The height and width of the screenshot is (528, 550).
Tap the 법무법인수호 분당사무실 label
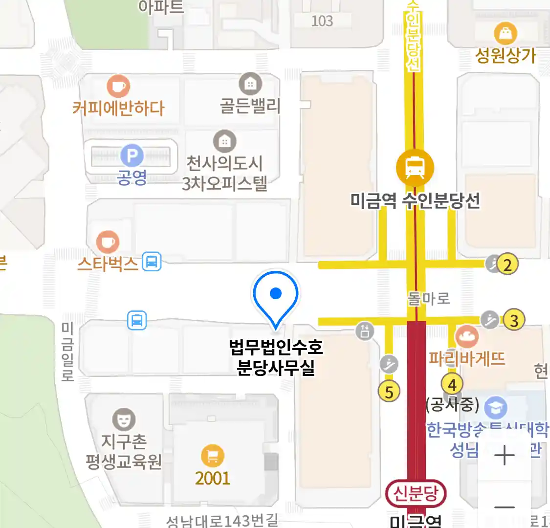point(276,357)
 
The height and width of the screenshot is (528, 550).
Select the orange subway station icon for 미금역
point(415,167)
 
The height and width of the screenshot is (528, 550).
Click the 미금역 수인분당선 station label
point(415,200)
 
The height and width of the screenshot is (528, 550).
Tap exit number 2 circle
point(508,264)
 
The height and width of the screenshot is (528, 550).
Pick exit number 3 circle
point(514,321)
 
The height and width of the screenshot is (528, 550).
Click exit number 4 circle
point(452,384)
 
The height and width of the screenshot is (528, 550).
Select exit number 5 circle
point(389,392)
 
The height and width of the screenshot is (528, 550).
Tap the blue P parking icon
point(132,156)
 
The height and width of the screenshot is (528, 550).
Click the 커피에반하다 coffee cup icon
point(118,87)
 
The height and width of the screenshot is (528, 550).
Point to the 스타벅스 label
point(108,264)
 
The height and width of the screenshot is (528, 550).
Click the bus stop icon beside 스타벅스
point(152,262)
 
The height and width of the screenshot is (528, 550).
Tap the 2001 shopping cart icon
point(213,456)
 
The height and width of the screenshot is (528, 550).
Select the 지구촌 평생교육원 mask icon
point(124,419)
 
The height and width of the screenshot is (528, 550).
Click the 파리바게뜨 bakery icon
point(466,336)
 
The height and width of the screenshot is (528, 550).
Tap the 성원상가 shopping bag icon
point(506,34)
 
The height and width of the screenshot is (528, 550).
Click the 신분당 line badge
point(416,493)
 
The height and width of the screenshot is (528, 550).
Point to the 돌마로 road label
point(429,298)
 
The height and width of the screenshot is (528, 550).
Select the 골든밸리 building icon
point(250,84)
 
